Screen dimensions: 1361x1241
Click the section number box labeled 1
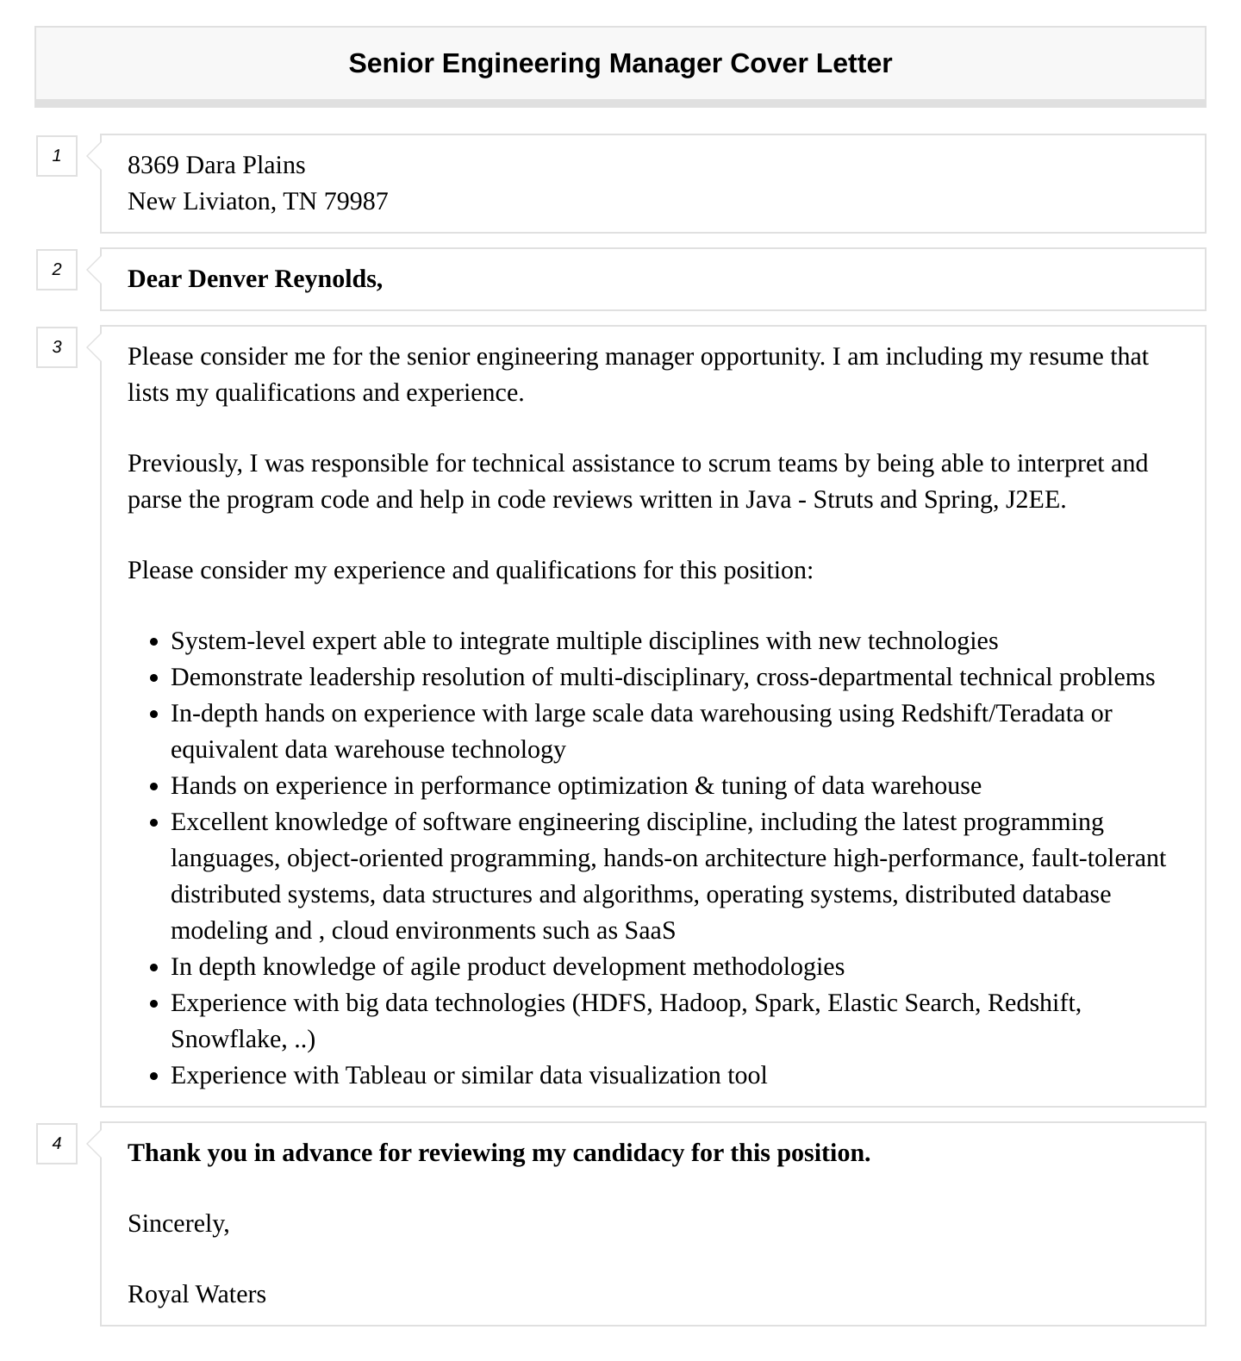57,156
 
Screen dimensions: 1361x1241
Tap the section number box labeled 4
57,1144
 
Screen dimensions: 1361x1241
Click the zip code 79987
356,202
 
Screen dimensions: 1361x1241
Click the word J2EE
1034,500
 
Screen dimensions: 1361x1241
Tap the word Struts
843,500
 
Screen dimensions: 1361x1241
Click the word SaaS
650,931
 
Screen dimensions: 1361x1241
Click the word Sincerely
178,1224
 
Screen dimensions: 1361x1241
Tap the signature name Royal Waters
196,1295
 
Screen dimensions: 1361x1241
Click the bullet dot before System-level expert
153,642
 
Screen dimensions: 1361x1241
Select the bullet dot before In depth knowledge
153,968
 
